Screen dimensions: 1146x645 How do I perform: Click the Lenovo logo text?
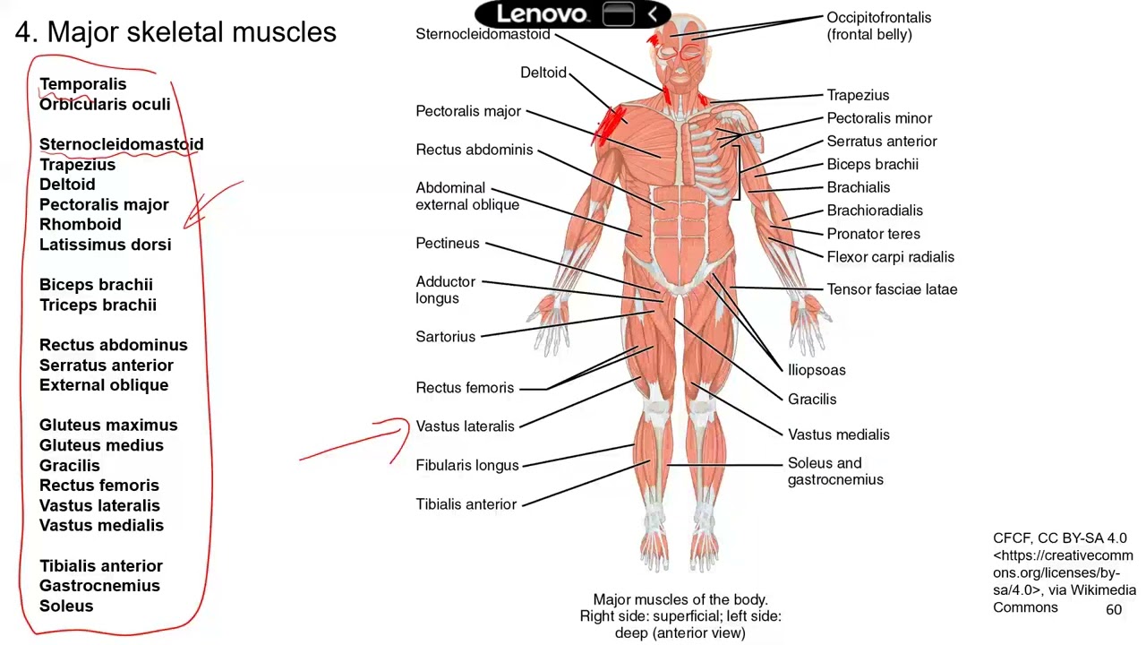[x=542, y=13]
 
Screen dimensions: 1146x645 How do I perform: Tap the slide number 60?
[x=1113, y=610]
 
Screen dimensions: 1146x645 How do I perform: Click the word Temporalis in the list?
[x=83, y=84]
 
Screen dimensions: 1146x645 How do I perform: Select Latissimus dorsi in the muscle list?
[x=106, y=245]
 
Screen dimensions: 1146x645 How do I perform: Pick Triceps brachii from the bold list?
[x=98, y=305]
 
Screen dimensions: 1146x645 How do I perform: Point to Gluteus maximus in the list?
[x=108, y=425]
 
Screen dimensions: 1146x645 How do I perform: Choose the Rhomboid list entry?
[x=81, y=224]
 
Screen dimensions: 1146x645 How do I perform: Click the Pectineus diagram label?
[x=447, y=243]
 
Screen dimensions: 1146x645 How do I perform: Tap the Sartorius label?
[x=445, y=337]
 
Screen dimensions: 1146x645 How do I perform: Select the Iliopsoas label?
[x=817, y=370]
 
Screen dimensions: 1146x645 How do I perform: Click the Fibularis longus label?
[x=467, y=465]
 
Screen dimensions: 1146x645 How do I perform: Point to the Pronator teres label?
[x=873, y=234]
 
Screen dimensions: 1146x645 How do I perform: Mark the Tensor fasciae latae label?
[x=892, y=289]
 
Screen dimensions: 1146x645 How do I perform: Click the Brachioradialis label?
[x=875, y=211]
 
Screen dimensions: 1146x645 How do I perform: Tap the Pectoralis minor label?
[x=879, y=118]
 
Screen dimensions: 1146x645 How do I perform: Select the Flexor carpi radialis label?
[x=890, y=257]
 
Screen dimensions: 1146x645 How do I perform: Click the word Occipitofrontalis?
[x=879, y=17]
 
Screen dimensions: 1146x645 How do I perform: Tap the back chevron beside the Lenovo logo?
[x=653, y=13]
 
